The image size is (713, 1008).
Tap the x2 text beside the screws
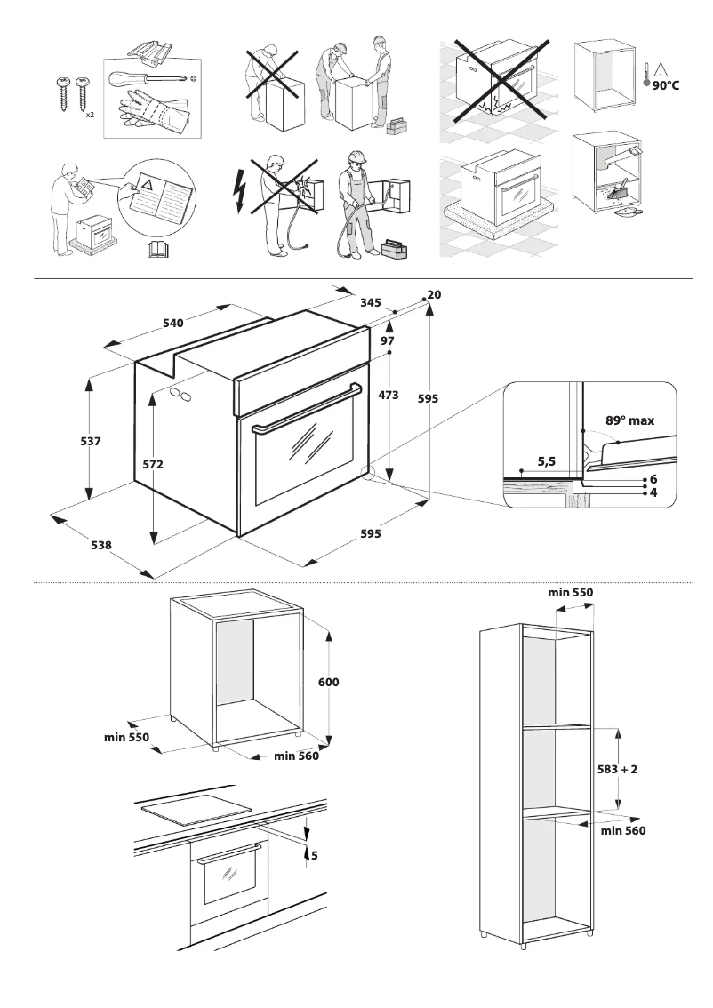[x=90, y=115]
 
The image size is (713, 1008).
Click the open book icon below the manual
[x=156, y=249]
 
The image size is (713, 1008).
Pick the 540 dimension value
[x=172, y=324]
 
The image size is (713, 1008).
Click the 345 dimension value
[x=371, y=303]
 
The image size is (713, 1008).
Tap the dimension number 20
[x=434, y=294]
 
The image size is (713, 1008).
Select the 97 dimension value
[x=388, y=340]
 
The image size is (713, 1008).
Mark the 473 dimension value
[x=389, y=395]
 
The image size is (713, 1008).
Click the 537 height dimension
[x=91, y=441]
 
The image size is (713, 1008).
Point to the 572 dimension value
[x=153, y=464]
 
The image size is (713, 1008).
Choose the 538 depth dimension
[x=101, y=546]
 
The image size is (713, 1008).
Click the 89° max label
[x=629, y=420]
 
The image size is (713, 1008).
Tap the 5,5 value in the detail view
[x=547, y=462]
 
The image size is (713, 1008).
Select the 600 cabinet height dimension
[x=329, y=683]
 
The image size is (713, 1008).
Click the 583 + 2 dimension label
[x=617, y=770]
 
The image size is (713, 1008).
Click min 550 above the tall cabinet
[x=570, y=592]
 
